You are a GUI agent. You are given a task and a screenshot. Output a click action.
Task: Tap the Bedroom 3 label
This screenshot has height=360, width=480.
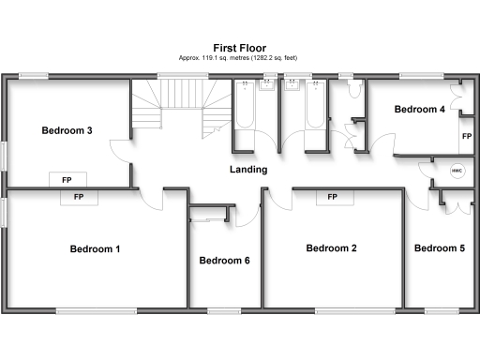[67, 130]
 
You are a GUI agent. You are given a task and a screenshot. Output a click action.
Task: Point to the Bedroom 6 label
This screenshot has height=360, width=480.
[224, 260]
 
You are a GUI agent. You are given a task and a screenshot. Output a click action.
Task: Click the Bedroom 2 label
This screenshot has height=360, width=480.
[332, 248]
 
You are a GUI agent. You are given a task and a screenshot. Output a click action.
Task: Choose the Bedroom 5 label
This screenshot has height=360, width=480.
[439, 248]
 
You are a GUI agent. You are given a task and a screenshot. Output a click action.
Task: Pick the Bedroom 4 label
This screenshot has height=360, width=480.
[419, 110]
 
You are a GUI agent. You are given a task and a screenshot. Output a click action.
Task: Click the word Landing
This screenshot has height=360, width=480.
[248, 170]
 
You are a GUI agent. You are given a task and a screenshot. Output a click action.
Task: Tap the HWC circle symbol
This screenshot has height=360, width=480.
[457, 171]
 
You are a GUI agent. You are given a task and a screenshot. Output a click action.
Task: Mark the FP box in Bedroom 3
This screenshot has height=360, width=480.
[67, 179]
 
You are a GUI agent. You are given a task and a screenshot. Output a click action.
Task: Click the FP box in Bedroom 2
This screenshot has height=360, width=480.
[332, 197]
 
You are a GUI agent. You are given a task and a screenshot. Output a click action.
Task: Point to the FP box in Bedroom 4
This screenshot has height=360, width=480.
[466, 136]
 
